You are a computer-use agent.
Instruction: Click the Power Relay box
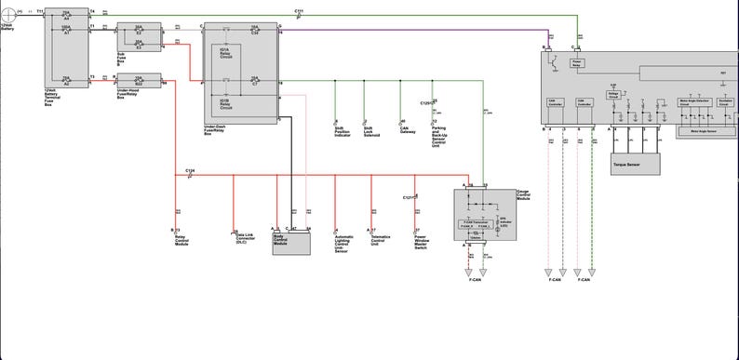pyautogui.click(x=577, y=62)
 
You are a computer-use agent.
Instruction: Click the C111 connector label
pyautogui.click(x=298, y=11)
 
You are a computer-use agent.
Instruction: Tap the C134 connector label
pyautogui.click(x=190, y=170)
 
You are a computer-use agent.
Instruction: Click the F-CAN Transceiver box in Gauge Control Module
pyautogui.click(x=477, y=224)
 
